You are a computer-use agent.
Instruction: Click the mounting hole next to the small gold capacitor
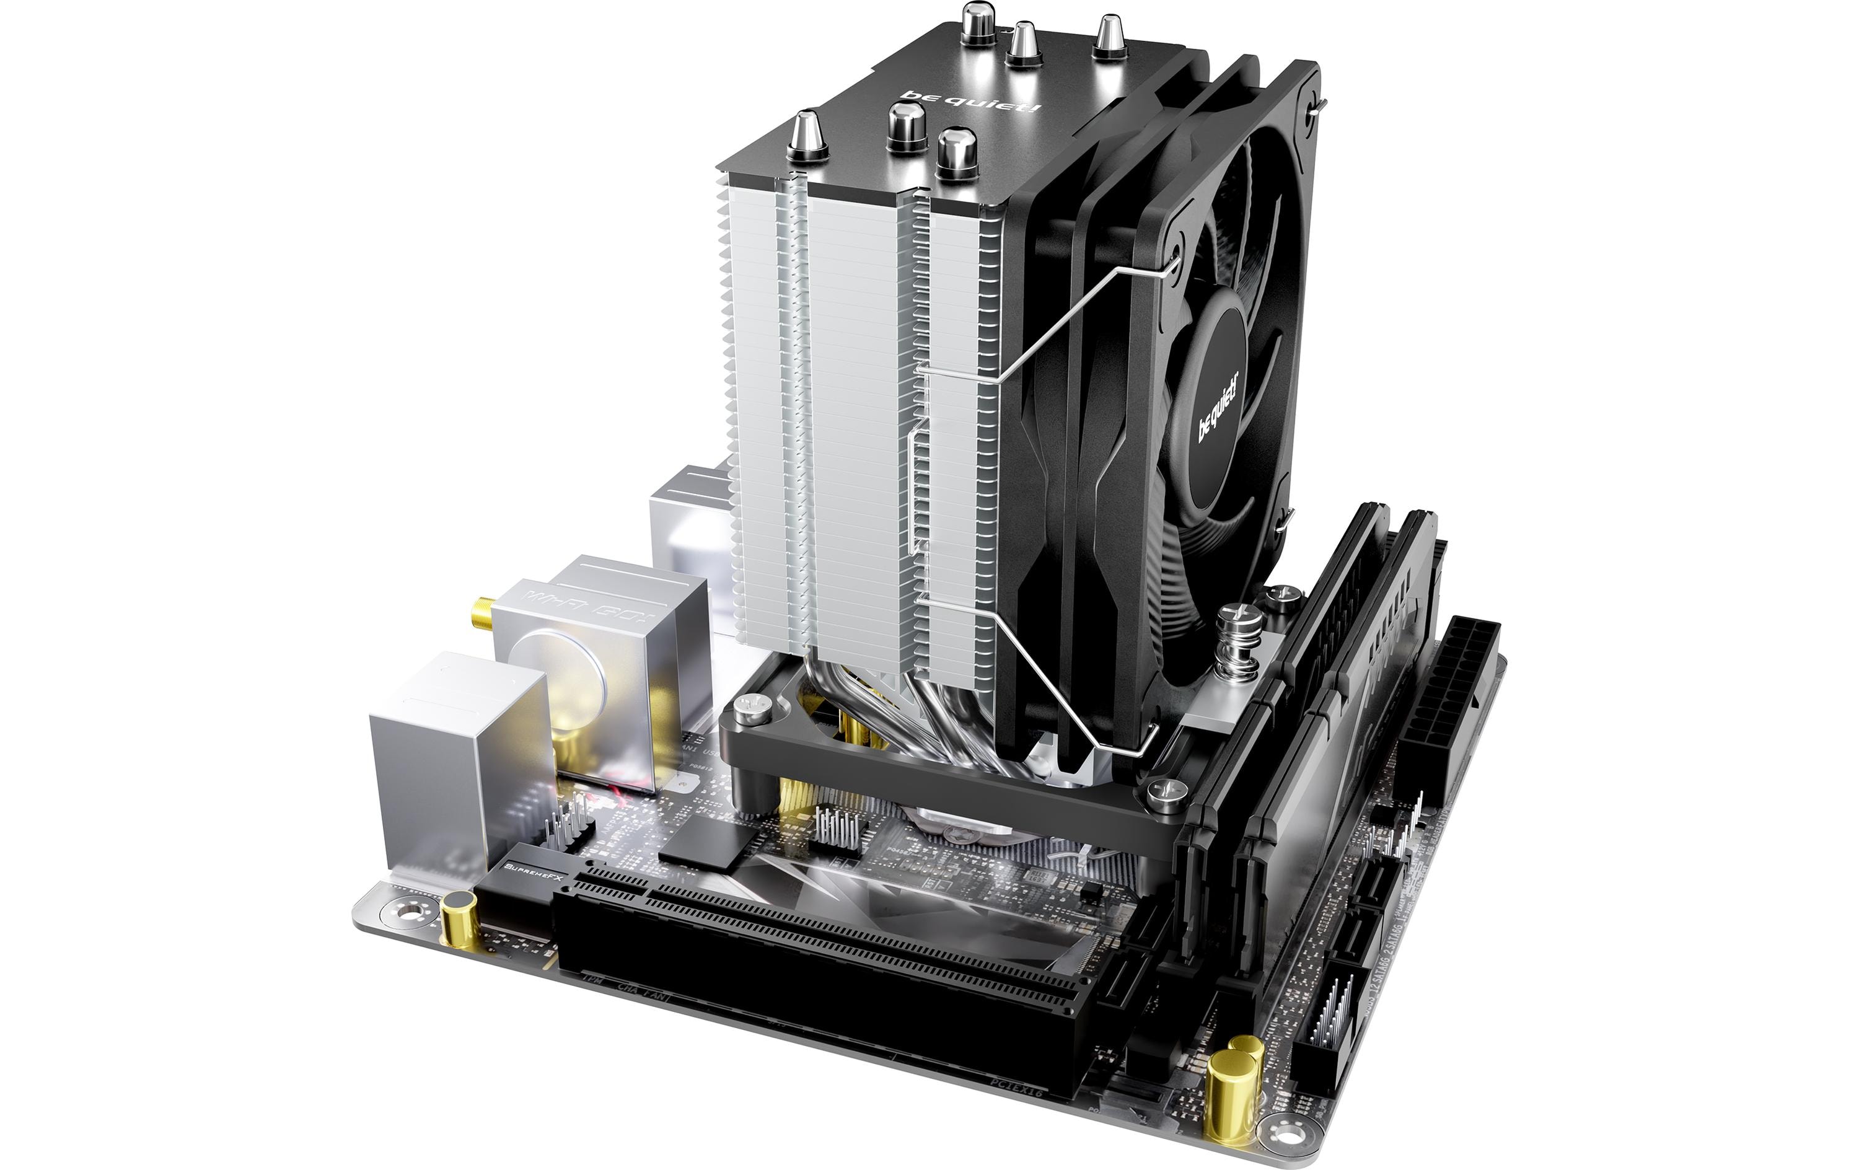[409, 912]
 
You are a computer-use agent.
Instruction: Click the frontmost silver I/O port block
[455, 749]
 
